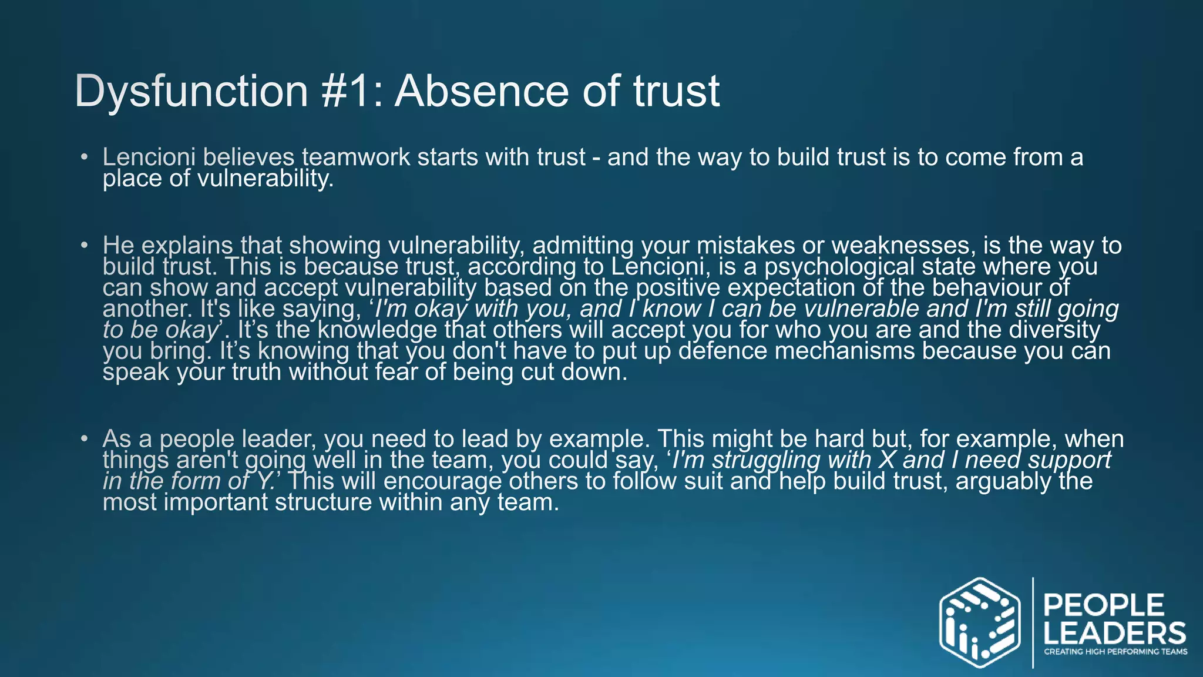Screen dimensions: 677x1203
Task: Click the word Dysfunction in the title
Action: (191, 92)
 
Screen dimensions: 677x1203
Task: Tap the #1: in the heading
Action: (352, 92)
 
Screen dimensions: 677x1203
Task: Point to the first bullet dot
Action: (85, 157)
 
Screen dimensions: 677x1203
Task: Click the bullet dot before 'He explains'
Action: (85, 245)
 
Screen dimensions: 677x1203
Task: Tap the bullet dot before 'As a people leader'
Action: (85, 439)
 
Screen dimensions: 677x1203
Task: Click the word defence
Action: (723, 351)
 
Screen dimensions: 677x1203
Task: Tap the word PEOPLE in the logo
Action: (1104, 605)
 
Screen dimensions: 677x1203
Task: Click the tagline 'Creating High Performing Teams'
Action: (1115, 652)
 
